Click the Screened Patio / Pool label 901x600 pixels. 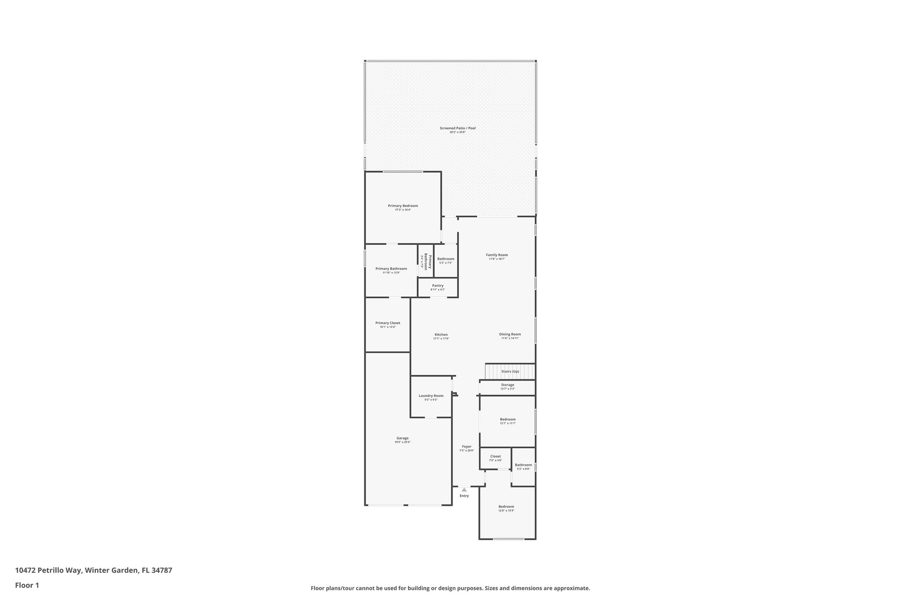[458, 128]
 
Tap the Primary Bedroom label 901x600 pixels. [403, 206]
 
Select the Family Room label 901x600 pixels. [497, 255]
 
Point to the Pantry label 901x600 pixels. [437, 286]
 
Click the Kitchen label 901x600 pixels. [441, 335]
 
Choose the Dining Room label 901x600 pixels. [510, 334]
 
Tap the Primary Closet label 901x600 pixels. [388, 323]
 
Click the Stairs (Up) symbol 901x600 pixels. [509, 371]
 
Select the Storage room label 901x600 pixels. [507, 385]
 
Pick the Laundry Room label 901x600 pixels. [431, 396]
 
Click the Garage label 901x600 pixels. [402, 438]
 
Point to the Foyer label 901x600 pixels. [466, 447]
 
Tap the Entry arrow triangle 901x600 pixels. [464, 489]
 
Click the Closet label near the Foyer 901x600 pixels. [495, 456]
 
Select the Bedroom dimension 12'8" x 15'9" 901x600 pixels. [506, 511]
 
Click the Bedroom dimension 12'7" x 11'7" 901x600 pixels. [507, 423]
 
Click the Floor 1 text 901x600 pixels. [27, 585]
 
